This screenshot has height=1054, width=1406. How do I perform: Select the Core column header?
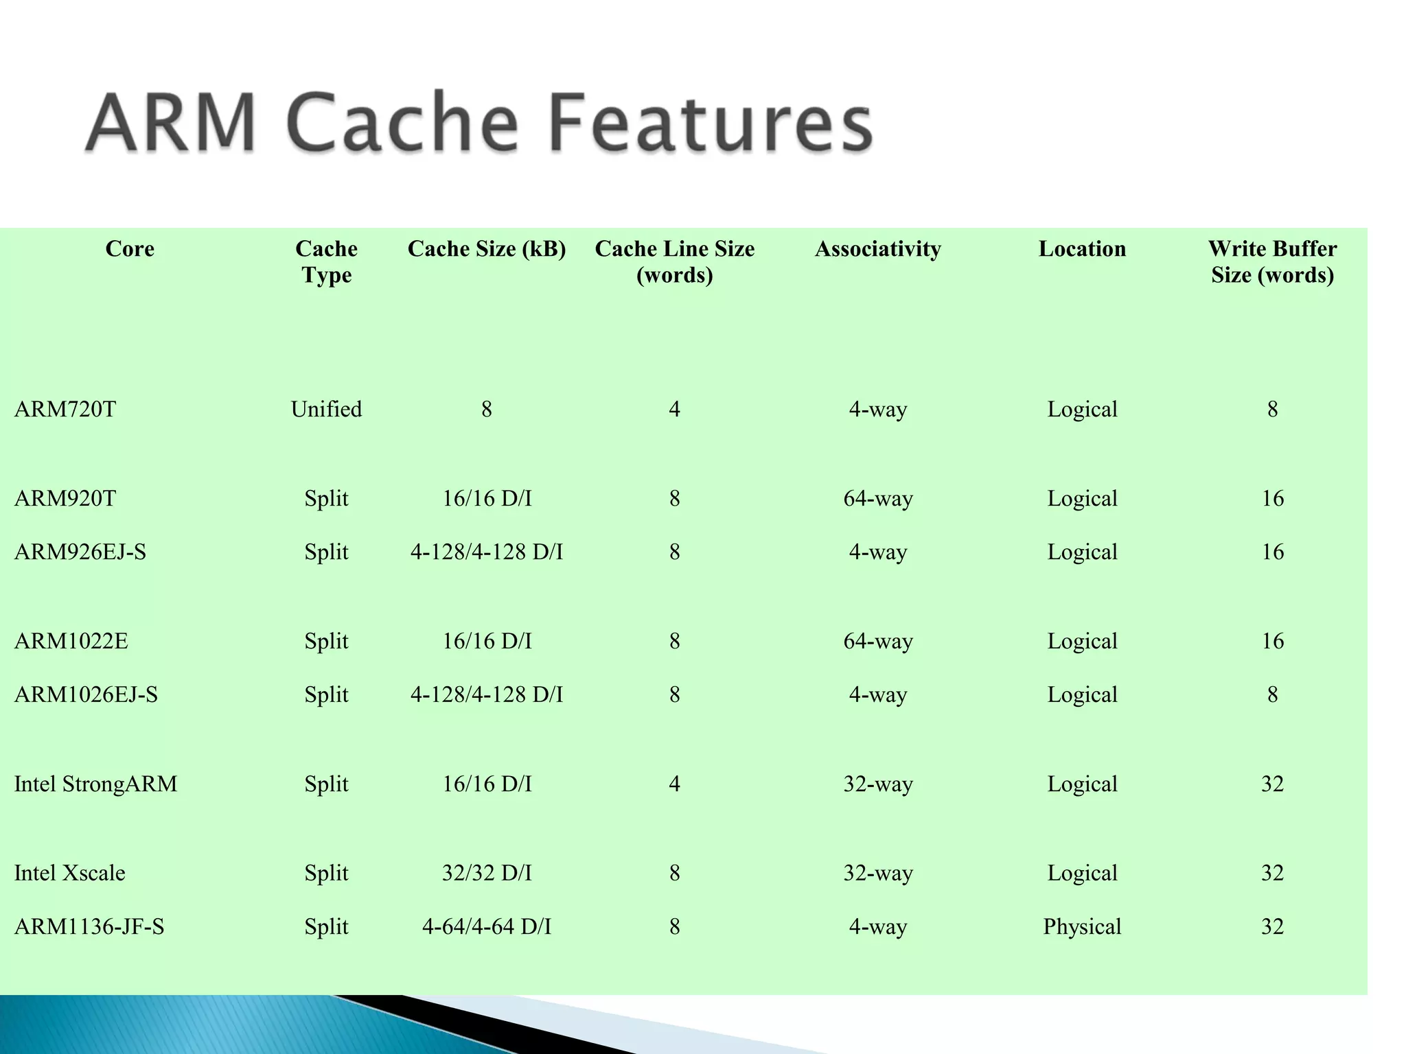[x=130, y=248]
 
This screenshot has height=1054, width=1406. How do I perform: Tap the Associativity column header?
[x=877, y=248]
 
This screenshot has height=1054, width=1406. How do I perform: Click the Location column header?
[x=1082, y=248]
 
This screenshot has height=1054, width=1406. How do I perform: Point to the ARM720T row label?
[x=65, y=409]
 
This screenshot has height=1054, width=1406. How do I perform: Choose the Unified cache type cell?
[x=326, y=409]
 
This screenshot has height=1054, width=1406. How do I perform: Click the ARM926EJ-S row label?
[x=80, y=552]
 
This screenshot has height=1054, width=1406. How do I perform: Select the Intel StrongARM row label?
[x=95, y=784]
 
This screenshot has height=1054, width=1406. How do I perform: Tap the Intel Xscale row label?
[x=69, y=873]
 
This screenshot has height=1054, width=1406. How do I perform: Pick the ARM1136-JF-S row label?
[x=89, y=926]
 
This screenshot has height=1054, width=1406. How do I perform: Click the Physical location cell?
[x=1082, y=926]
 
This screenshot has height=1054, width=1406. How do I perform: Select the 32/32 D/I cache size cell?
[x=487, y=873]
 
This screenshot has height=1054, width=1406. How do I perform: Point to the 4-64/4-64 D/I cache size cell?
[x=487, y=926]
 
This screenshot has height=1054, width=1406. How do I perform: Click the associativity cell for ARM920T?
[x=878, y=498]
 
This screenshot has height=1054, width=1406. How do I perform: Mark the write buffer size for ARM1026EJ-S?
[x=1272, y=694]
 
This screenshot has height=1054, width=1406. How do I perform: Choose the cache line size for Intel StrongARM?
[x=674, y=784]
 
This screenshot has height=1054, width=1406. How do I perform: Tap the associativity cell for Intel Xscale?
[x=878, y=873]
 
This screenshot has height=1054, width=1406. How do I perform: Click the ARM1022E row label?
[x=71, y=641]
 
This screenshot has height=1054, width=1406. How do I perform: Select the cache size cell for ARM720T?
[x=487, y=409]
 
